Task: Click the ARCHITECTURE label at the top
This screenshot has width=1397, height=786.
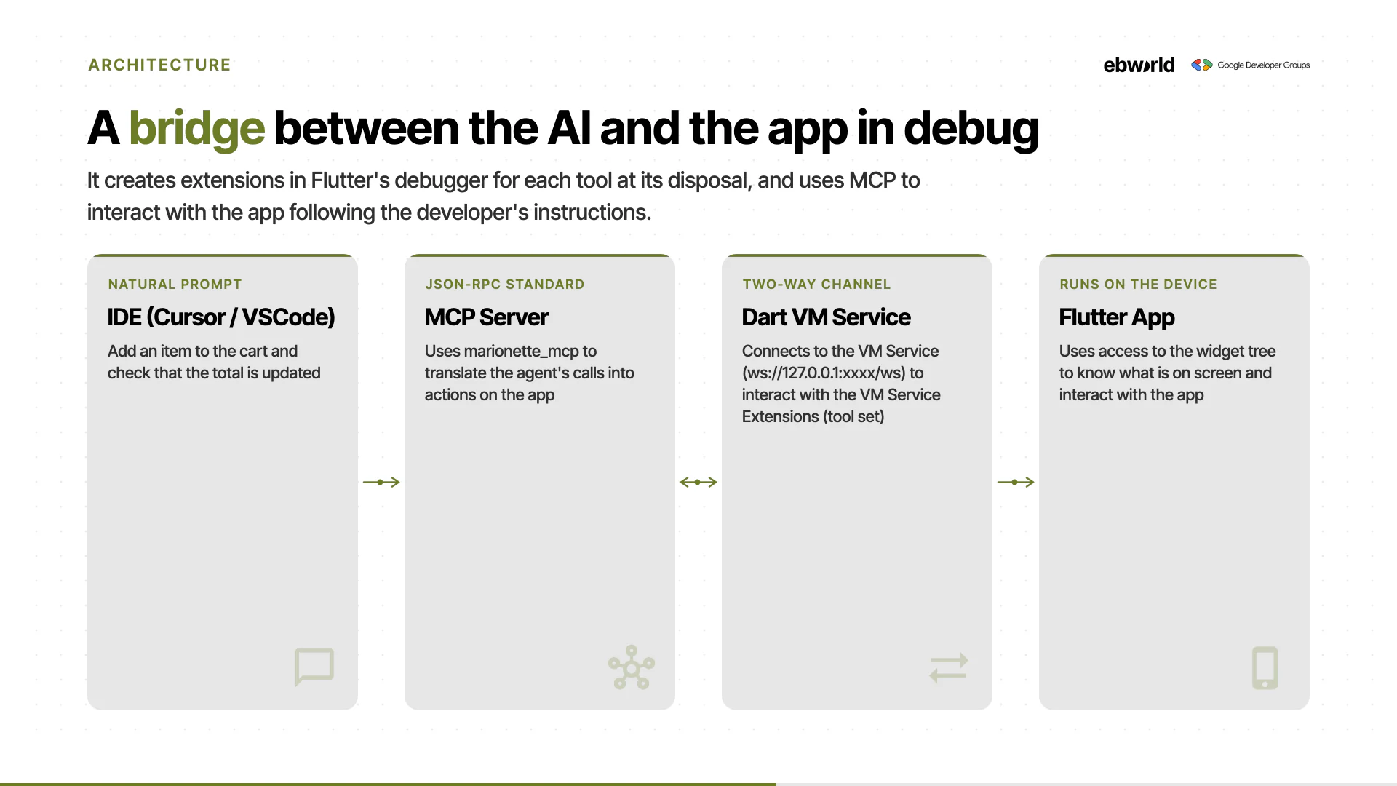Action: point(159,65)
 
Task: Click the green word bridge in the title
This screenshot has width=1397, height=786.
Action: point(196,129)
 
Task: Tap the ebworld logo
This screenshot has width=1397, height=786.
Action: point(1139,65)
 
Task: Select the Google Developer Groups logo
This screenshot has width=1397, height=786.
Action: point(1250,65)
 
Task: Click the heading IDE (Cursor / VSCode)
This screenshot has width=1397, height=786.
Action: point(221,317)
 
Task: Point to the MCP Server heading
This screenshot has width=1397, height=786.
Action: point(486,317)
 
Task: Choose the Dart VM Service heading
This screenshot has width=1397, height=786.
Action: point(826,317)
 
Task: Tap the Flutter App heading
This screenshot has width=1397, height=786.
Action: point(1117,318)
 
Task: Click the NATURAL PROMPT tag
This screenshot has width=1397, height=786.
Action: point(175,285)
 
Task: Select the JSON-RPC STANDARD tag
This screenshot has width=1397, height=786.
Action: point(504,285)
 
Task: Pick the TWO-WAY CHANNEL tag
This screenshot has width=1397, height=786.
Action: point(816,285)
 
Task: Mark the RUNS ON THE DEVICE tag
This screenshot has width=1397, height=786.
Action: point(1138,285)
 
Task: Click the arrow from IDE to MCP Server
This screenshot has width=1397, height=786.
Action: point(381,482)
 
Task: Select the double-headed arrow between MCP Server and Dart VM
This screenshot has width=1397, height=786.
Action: point(698,482)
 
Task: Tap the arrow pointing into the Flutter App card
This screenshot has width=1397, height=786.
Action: point(1016,482)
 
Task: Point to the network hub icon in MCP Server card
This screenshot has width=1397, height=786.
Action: point(632,667)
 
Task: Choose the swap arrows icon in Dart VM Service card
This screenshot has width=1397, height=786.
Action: point(949,667)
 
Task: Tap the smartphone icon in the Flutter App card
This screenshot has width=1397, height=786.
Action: point(1265,667)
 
